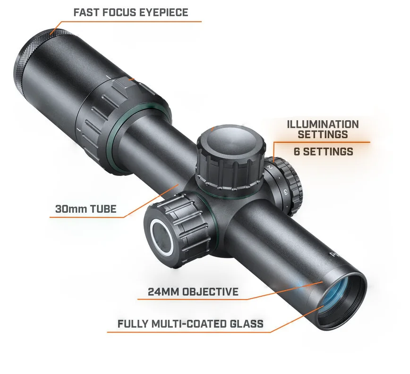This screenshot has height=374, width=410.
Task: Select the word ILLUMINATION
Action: pos(323,125)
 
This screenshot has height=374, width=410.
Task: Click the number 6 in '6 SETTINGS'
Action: pos(297,151)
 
